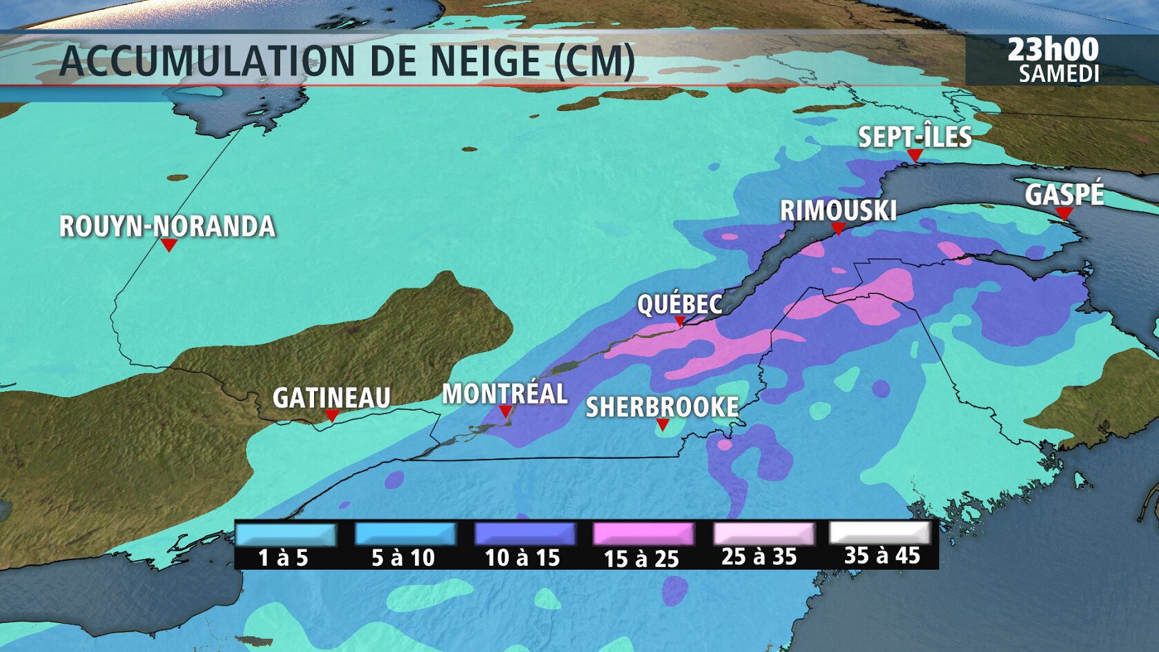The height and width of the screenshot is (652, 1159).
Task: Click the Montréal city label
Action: tap(505, 393)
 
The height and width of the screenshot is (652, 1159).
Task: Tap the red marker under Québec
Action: tap(679, 321)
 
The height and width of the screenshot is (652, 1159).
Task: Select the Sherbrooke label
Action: tap(662, 407)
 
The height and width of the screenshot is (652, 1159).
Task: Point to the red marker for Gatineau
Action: tap(331, 415)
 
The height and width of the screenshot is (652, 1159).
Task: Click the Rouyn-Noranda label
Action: tap(167, 226)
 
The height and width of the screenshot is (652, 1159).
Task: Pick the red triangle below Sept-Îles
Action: tap(915, 156)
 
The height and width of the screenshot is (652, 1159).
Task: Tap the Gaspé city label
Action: tap(1064, 195)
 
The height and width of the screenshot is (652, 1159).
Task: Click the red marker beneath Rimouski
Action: tap(838, 228)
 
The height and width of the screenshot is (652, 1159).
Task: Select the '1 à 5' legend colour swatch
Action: tap(285, 535)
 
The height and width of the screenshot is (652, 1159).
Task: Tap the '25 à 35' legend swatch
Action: tap(763, 534)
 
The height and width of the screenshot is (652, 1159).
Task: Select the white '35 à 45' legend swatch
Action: tap(880, 533)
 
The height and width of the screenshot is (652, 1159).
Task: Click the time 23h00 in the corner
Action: tap(1053, 50)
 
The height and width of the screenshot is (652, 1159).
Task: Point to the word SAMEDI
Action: tap(1059, 74)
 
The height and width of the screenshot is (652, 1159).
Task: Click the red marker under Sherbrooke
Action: tap(663, 425)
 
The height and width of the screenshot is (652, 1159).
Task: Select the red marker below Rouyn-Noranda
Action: tap(168, 245)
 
